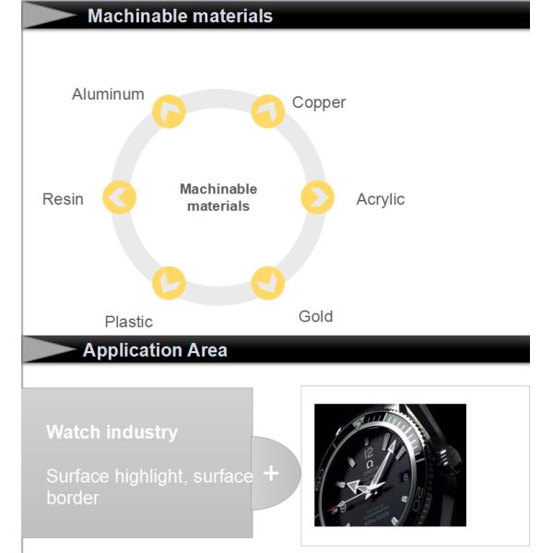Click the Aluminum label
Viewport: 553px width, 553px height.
pos(108,94)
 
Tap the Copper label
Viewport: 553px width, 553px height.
pos(319,102)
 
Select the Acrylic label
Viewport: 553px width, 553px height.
pos(380,199)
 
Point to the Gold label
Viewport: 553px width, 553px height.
pos(315,316)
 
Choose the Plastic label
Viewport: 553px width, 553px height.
pos(128,322)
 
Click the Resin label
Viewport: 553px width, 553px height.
pos(63,199)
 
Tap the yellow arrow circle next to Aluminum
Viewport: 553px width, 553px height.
pos(169,112)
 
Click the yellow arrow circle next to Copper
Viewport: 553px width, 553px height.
pos(268,112)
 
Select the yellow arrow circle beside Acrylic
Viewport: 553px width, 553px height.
pos(317,196)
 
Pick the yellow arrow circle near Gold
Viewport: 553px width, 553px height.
pos(267,282)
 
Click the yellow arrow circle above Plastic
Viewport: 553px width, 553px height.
pos(169,282)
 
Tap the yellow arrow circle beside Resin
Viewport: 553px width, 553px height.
pos(120,196)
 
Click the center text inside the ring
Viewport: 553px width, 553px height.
pos(218,197)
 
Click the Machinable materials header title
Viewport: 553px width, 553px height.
pos(180,16)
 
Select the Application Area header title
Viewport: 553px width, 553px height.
pos(155,350)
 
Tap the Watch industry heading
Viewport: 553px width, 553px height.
pos(112,431)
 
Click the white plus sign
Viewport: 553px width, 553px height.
pos(271,473)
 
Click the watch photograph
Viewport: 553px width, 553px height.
pos(390,465)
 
